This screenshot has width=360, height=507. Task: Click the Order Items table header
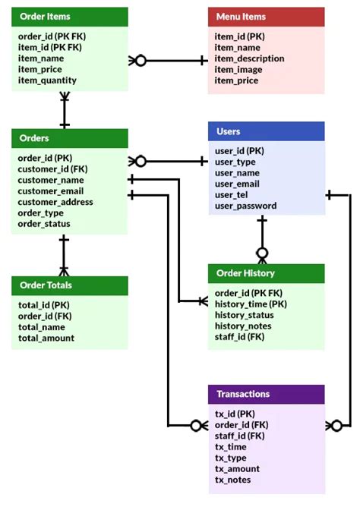pos(69,17)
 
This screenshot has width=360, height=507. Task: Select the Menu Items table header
pos(266,17)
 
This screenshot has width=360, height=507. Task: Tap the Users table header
pos(266,131)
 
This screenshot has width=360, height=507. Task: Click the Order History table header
pos(266,273)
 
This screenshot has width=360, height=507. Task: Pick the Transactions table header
pos(266,394)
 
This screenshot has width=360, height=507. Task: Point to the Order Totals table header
pos(69,285)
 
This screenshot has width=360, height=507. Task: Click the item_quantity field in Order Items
pos(47,80)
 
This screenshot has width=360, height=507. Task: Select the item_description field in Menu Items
pos(249,58)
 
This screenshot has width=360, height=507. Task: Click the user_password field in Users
pos(245,206)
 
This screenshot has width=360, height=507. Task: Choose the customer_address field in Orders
pos(55,202)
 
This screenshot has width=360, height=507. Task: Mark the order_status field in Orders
pos(44,224)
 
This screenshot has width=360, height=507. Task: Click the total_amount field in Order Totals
pos(46,338)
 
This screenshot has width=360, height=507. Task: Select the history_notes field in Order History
pos(243,326)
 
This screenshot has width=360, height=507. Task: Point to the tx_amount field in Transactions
pos(237,469)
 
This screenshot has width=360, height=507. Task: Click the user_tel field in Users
pos(232,194)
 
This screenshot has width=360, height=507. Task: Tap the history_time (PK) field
pos(251,304)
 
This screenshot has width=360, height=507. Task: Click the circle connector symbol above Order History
pos(262,253)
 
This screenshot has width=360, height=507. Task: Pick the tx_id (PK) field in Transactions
pos(234,414)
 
